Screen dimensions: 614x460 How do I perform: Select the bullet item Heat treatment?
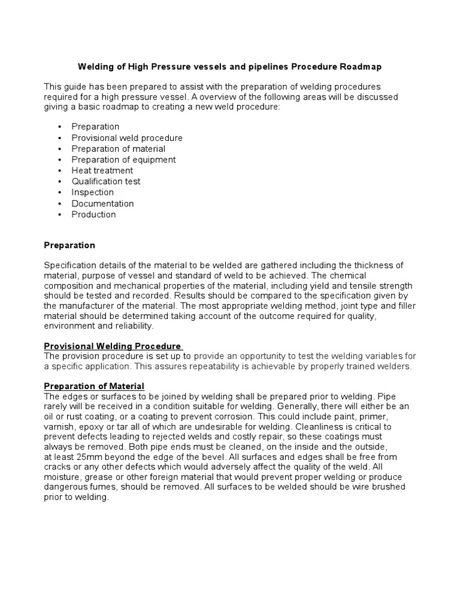pos(102,170)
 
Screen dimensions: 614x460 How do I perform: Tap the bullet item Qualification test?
pos(106,181)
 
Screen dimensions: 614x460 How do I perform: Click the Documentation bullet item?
pos(102,203)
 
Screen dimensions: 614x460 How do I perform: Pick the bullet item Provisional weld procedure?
pos(127,138)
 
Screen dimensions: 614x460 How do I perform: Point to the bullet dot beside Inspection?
pos(60,192)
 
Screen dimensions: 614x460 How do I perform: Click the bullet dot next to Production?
pos(60,215)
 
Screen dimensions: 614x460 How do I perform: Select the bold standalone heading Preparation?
pos(69,245)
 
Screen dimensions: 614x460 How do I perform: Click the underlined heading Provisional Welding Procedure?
pos(113,346)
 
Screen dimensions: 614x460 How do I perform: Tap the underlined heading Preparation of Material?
pos(94,386)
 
